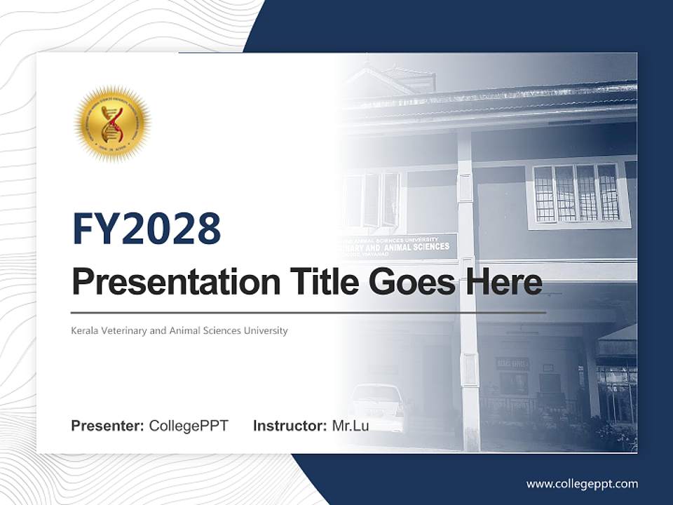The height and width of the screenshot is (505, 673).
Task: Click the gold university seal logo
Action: pyautogui.click(x=112, y=124)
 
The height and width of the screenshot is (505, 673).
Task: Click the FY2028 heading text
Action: pyautogui.click(x=147, y=229)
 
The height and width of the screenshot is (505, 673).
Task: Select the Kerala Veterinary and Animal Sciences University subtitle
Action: pyautogui.click(x=179, y=330)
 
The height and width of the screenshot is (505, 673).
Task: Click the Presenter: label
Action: pyautogui.click(x=108, y=426)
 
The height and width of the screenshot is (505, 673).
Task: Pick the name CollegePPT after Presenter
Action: pyautogui.click(x=189, y=426)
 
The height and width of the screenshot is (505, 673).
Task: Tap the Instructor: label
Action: pyautogui.click(x=290, y=426)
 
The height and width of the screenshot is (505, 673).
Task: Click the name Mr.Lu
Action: pyautogui.click(x=351, y=426)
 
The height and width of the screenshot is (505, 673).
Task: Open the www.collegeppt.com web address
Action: pyautogui.click(x=582, y=484)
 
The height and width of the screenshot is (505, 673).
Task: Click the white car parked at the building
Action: pyautogui.click(x=379, y=407)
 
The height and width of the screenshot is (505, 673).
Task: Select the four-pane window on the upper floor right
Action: pyautogui.click(x=576, y=193)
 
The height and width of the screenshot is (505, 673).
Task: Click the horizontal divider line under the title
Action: pyautogui.click(x=308, y=312)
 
